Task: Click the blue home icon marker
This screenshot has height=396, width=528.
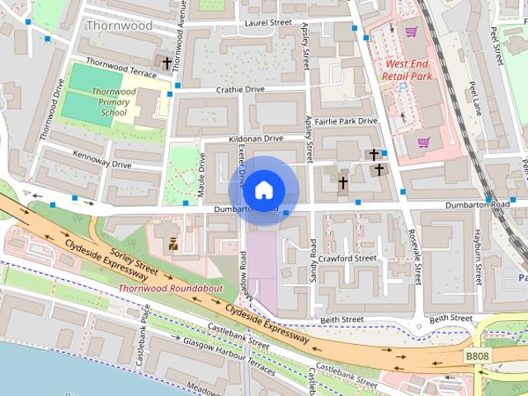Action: (x=262, y=191)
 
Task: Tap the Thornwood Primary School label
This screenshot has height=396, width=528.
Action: (x=115, y=101)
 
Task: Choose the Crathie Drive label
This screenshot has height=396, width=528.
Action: (x=240, y=89)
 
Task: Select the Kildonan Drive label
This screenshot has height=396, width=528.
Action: (x=256, y=139)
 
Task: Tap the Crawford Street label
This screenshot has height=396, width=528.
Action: (x=350, y=258)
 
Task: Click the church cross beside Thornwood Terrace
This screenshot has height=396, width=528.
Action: (x=167, y=63)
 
